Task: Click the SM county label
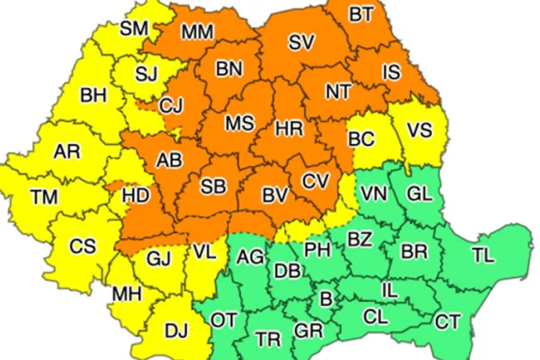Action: point(133,29)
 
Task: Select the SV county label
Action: point(301,42)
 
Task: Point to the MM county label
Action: point(196,32)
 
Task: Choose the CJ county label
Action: point(171,107)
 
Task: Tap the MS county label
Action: point(239,123)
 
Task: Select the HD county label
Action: point(136,194)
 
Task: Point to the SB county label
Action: point(213,186)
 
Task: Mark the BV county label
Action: point(274,194)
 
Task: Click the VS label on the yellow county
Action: point(420,130)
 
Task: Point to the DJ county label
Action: point(176,330)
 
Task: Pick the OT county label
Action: point(224,320)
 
